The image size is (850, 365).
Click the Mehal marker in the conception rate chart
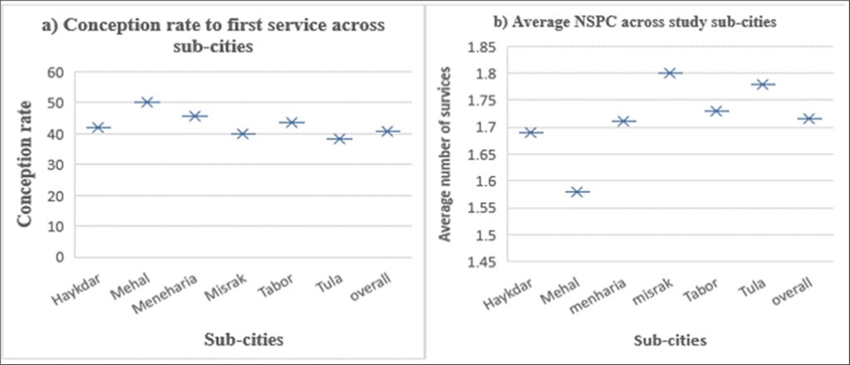tap(147, 102)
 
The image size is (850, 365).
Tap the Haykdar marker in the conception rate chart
tap(99, 127)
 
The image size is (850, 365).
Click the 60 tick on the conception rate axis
tap(57, 72)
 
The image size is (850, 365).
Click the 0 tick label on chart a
tap(61, 257)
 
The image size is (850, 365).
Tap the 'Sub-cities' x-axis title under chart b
tap(670, 341)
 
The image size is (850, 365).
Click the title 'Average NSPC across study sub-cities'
tap(635, 23)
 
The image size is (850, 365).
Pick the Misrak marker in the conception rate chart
tap(243, 134)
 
